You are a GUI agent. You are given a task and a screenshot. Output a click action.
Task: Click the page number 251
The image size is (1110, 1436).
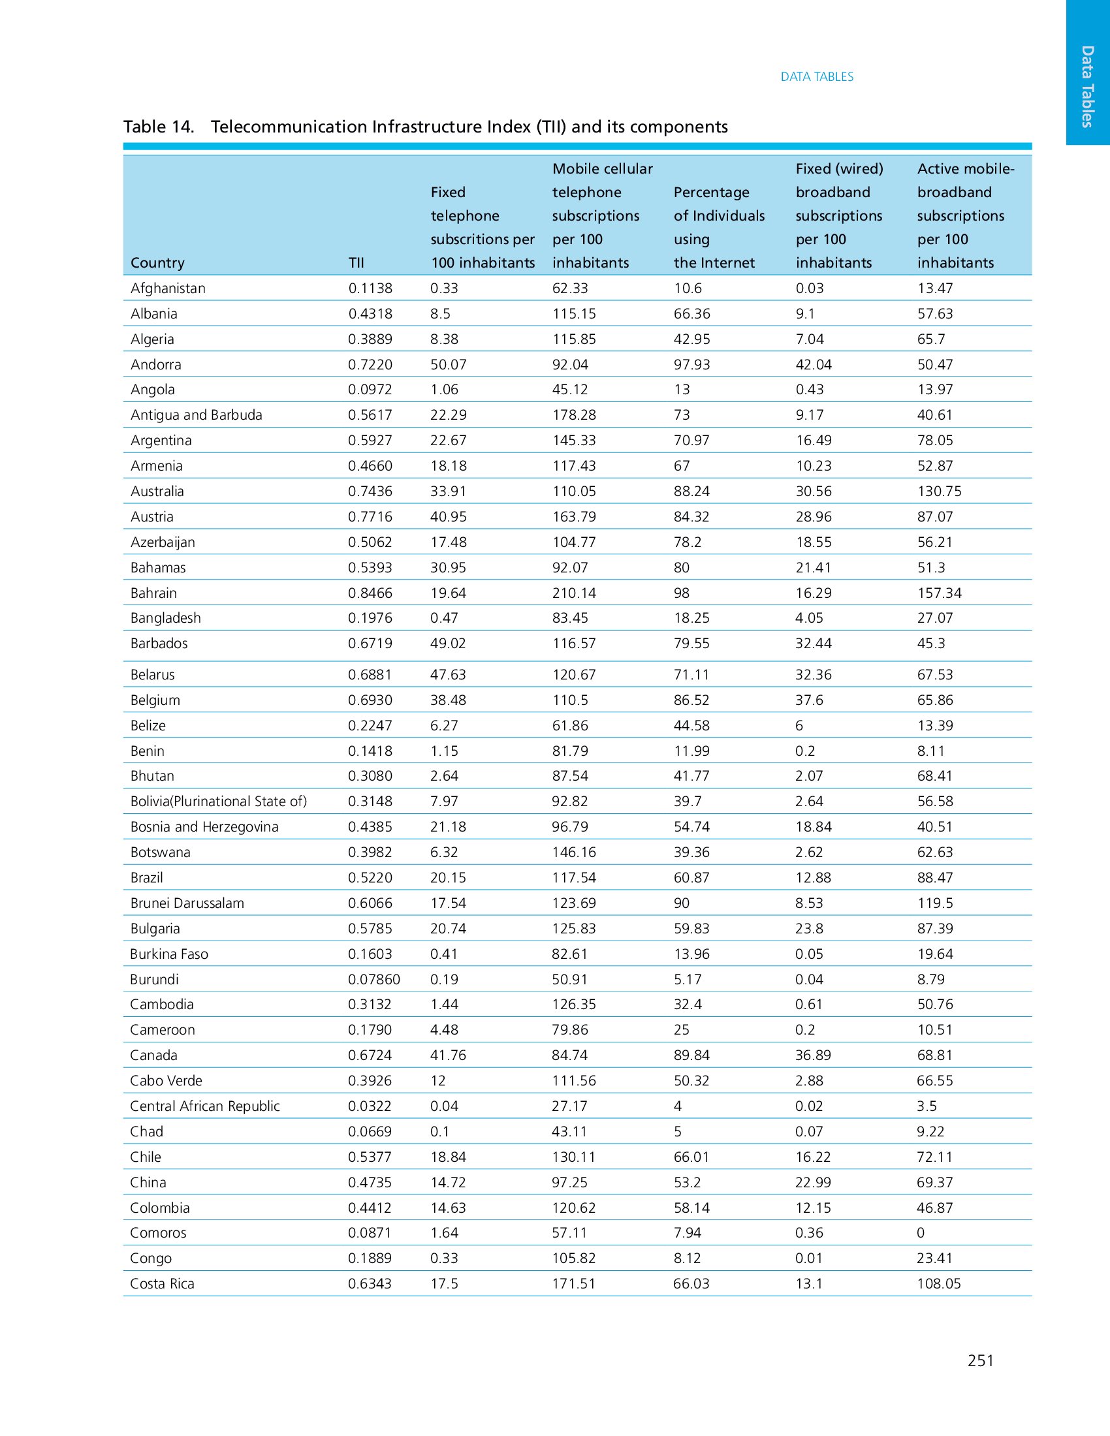(980, 1360)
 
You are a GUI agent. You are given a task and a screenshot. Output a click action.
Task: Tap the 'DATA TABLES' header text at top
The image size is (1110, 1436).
(817, 77)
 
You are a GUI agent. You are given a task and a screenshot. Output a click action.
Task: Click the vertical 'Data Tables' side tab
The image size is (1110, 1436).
(1088, 86)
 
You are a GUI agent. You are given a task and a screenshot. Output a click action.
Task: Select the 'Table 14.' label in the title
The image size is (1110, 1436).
(159, 127)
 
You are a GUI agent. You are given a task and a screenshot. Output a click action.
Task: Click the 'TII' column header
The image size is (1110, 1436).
(356, 263)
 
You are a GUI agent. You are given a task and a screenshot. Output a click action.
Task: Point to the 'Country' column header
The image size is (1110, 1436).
(157, 263)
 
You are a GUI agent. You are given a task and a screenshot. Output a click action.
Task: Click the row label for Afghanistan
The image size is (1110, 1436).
(168, 288)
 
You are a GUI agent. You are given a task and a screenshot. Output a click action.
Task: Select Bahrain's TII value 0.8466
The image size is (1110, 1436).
(370, 593)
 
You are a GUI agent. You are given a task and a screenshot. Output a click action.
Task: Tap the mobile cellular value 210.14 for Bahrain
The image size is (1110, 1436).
(574, 593)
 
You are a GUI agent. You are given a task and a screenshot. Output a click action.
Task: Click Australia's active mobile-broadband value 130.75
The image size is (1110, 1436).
(939, 491)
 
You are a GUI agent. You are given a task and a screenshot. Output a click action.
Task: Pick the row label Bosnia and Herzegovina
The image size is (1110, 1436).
(204, 826)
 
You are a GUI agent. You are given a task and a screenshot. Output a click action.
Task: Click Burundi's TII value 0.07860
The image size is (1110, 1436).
(373, 979)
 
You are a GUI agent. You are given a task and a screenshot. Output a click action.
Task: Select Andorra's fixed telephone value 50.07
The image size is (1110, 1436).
(448, 364)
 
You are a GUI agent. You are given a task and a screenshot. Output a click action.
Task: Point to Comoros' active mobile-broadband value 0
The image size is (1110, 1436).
(921, 1233)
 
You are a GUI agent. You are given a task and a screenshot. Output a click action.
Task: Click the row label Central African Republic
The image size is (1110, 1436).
(204, 1106)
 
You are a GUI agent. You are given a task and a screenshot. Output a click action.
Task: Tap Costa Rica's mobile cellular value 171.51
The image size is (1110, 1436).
(573, 1283)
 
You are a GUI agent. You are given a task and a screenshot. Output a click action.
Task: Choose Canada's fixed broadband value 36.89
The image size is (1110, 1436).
(813, 1055)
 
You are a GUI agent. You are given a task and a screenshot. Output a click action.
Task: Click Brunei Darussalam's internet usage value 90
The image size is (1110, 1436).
(681, 903)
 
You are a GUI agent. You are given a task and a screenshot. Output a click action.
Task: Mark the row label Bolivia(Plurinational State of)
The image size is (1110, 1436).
(218, 801)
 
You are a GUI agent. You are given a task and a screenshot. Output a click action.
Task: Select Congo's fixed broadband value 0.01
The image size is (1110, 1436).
(808, 1258)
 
